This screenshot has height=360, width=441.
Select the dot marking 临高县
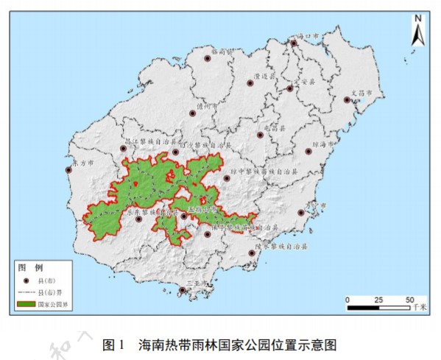click(x=208, y=61)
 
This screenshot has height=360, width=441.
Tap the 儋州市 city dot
click(x=194, y=113)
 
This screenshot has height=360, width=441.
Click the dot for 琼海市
click(x=308, y=151)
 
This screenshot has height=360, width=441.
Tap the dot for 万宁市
click(x=301, y=213)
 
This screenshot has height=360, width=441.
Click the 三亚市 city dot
click(x=182, y=290)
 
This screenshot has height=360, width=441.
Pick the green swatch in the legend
click(x=27, y=303)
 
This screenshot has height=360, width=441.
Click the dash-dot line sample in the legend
click(x=27, y=292)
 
